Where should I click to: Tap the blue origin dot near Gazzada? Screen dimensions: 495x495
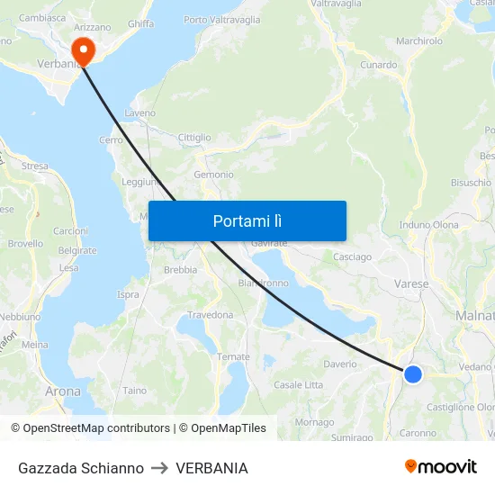[x=412, y=373]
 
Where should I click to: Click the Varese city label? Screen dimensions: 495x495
[x=410, y=283]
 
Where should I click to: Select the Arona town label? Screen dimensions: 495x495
[x=63, y=391]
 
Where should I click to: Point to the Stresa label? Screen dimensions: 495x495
[x=34, y=166]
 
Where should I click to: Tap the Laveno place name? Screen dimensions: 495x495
[x=140, y=113]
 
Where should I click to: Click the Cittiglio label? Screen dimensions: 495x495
[x=194, y=138]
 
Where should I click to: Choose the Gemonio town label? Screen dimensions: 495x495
[x=213, y=175]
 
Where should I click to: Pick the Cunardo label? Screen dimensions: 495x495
[x=378, y=65]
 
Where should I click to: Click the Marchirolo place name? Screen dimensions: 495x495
[x=418, y=40]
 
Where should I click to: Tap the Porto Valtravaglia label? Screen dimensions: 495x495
[x=221, y=20]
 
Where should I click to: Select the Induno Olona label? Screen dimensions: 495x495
[x=428, y=225]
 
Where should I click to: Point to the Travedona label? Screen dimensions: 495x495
[x=210, y=315]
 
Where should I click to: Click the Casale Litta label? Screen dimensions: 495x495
[x=298, y=385]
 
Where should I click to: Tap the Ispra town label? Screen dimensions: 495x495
[x=128, y=294]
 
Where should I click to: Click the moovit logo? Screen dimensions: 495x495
[x=440, y=467]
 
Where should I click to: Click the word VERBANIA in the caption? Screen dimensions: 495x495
[x=211, y=468]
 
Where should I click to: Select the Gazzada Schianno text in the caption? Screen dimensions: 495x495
[x=81, y=468]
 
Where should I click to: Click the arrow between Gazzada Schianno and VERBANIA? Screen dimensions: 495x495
[x=160, y=468]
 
